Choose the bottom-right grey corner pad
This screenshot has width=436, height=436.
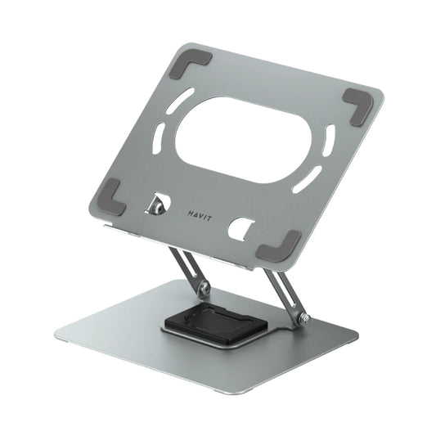277,245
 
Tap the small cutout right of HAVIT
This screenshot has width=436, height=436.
240,228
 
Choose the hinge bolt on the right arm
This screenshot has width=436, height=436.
303,319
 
